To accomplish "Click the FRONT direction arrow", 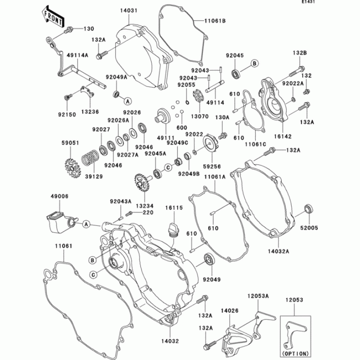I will click(52, 17).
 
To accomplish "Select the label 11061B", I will click(215, 21).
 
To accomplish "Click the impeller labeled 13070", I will click(197, 98).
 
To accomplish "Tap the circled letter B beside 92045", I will click(254, 64).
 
